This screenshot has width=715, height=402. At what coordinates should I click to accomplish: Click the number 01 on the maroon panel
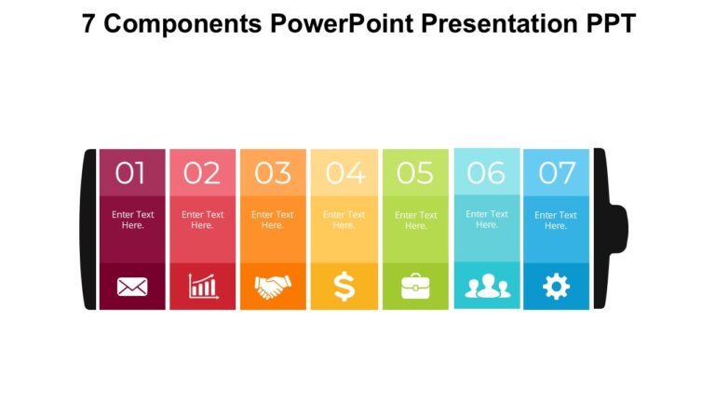[131, 173]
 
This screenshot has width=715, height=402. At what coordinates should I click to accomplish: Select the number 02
[202, 173]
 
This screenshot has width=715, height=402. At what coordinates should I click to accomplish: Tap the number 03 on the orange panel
[273, 173]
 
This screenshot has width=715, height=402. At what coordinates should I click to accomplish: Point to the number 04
[344, 173]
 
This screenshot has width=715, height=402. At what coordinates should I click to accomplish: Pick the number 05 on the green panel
[415, 173]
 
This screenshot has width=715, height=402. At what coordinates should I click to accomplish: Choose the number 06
[486, 172]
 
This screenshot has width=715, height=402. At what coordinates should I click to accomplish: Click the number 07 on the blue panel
[557, 173]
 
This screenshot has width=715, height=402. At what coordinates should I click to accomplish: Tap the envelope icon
[132, 287]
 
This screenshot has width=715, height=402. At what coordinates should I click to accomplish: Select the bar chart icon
[203, 286]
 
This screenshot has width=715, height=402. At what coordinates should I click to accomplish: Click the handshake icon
[273, 287]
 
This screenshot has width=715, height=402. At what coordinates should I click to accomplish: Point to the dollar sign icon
[344, 287]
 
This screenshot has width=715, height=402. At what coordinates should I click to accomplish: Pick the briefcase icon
[415, 287]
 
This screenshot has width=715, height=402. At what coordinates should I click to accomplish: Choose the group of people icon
[487, 287]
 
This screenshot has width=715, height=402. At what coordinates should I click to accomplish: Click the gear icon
[556, 287]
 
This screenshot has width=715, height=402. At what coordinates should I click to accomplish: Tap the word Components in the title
[182, 23]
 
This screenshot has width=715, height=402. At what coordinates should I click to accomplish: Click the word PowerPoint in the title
[343, 23]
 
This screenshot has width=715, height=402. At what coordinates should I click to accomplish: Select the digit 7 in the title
[88, 23]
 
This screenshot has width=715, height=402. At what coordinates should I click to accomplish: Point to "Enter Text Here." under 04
[344, 220]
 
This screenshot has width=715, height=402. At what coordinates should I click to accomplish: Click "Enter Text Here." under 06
[487, 219]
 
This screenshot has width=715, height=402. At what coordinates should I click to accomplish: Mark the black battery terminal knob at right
[619, 229]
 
